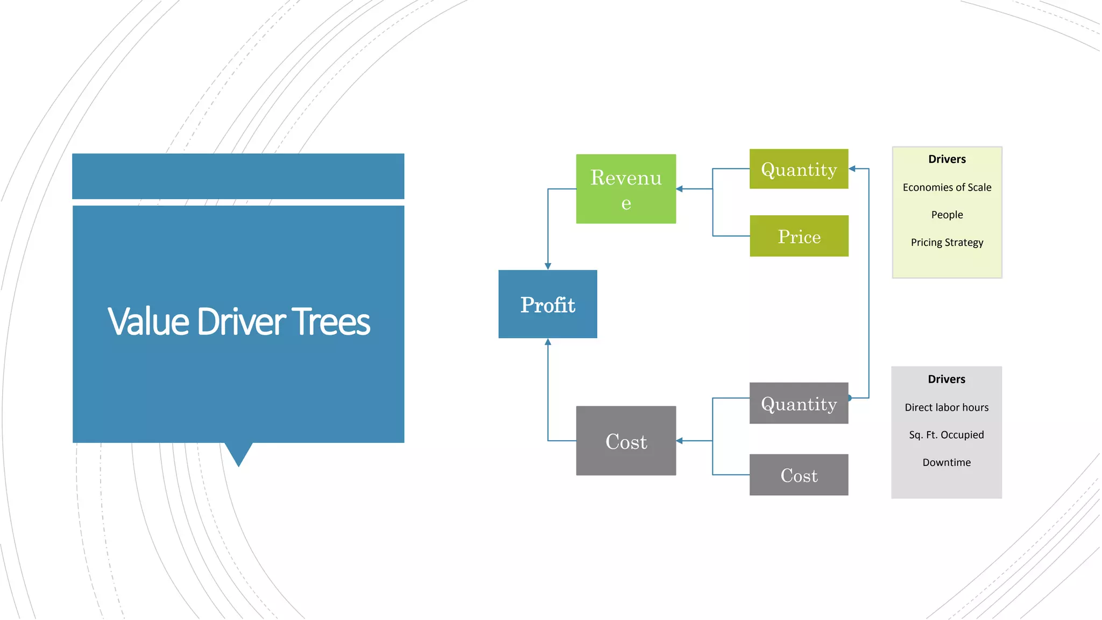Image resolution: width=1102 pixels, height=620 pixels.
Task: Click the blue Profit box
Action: (547, 304)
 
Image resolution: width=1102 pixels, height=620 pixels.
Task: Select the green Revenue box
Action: (626, 189)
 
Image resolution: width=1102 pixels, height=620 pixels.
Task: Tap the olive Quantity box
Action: (799, 169)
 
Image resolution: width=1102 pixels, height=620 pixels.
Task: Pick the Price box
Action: (799, 236)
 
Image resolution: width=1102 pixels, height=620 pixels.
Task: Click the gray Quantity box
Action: (799, 403)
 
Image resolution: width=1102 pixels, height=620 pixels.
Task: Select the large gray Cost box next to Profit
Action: (626, 441)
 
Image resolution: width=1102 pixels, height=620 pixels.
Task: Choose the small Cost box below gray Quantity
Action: (799, 475)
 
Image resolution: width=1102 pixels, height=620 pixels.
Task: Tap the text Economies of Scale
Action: (946, 187)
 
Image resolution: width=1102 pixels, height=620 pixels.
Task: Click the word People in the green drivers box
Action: (946, 215)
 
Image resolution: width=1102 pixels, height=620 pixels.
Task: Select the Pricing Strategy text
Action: (946, 242)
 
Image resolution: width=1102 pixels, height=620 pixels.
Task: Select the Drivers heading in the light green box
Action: (946, 159)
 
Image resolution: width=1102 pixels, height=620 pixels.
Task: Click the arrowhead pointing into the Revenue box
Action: (680, 189)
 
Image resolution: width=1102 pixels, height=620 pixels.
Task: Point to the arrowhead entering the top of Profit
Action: (548, 266)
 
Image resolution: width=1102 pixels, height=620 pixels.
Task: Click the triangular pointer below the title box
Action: (238, 454)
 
